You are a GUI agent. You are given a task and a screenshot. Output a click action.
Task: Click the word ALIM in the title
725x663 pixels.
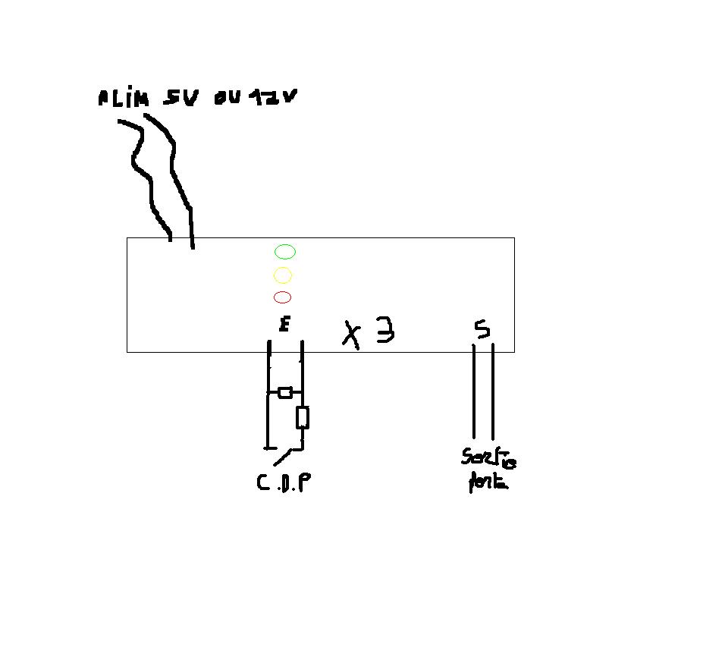(122, 99)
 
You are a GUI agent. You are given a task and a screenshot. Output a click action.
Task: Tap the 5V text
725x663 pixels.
(180, 99)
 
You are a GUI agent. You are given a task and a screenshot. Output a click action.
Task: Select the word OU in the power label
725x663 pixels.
(227, 98)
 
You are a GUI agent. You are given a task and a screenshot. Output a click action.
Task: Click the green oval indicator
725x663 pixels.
(285, 252)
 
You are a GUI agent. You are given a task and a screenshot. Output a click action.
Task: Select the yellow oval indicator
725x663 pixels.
(282, 275)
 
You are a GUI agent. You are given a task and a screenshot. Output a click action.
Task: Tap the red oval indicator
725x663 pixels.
(282, 297)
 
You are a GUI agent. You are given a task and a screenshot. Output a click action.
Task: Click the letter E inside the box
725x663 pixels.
(284, 325)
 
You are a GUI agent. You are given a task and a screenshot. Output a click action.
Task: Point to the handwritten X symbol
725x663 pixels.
(351, 335)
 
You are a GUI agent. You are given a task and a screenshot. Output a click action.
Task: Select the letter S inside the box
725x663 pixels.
(482, 329)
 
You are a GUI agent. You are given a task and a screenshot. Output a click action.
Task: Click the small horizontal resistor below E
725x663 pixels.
(285, 392)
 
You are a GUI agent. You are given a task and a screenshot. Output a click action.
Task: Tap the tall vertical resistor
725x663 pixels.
(302, 417)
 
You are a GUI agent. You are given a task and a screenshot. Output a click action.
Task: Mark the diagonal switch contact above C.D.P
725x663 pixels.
(283, 456)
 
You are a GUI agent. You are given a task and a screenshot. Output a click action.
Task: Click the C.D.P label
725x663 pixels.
(284, 482)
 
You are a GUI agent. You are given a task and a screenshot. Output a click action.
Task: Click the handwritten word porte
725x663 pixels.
(488, 482)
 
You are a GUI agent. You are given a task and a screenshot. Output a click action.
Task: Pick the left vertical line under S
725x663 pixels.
(475, 391)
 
